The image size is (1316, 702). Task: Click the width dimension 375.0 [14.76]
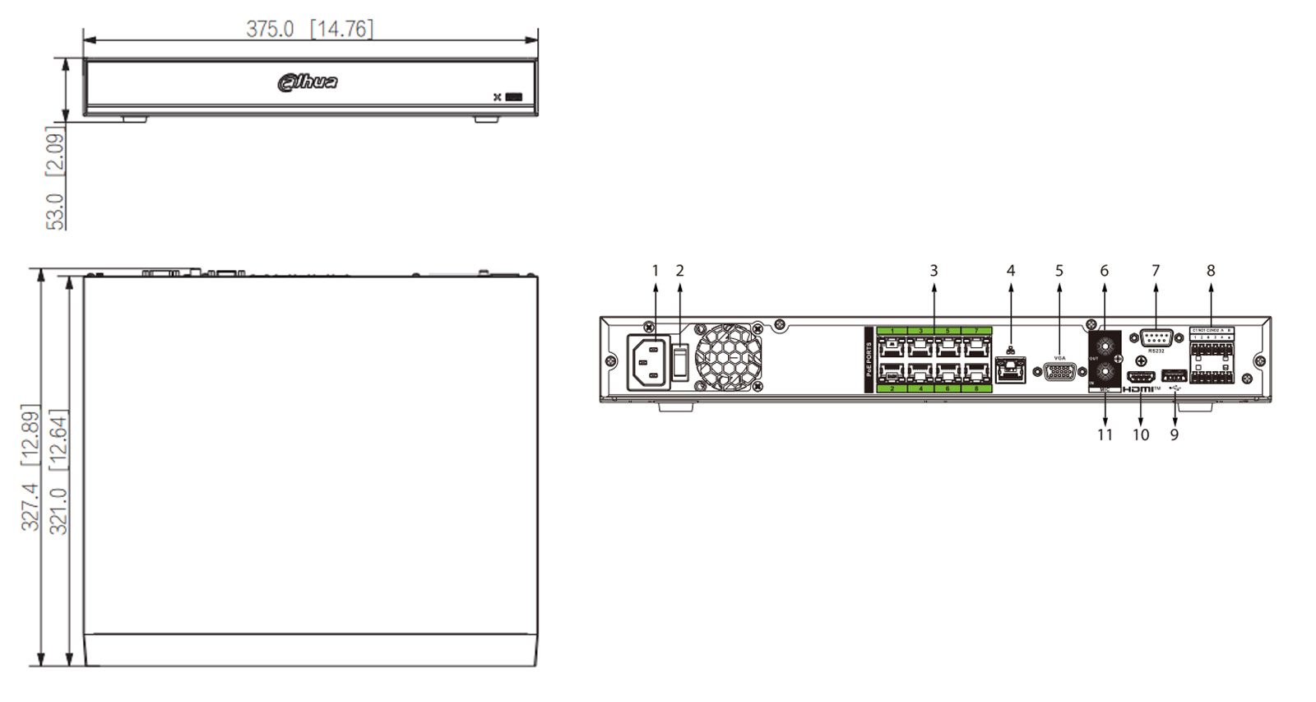309,29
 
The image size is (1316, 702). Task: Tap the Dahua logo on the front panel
308,81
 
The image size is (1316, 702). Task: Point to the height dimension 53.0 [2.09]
55,178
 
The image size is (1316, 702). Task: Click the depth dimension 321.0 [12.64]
58,471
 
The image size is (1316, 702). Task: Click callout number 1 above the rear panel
656,271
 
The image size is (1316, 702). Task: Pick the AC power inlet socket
649,361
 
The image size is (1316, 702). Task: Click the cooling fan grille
728,357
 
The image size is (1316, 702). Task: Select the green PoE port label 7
976,331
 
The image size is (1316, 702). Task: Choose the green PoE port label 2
892,388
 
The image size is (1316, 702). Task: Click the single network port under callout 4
1010,370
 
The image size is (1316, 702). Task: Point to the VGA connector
1059,371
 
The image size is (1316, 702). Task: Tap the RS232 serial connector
1156,339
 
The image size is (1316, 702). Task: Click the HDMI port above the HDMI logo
1140,377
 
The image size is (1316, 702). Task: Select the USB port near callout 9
1174,376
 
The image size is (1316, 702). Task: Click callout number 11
1105,435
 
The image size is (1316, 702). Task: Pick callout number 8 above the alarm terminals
1211,271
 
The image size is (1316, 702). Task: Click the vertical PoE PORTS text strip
869,360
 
